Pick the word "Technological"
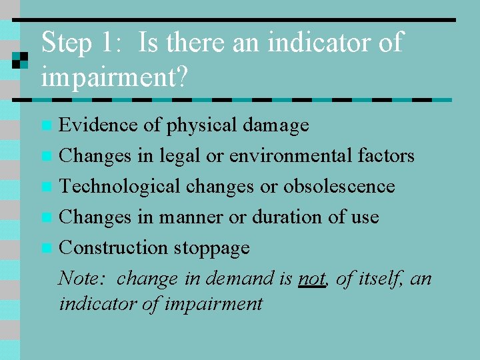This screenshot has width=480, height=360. [x=120, y=186]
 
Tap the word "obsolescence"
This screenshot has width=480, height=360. [x=339, y=186]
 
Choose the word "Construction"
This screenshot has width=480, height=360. [x=113, y=247]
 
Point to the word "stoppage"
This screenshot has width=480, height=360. [x=211, y=248]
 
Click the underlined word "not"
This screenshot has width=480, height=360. [x=311, y=279]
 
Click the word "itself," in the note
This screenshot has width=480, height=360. [x=380, y=278]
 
